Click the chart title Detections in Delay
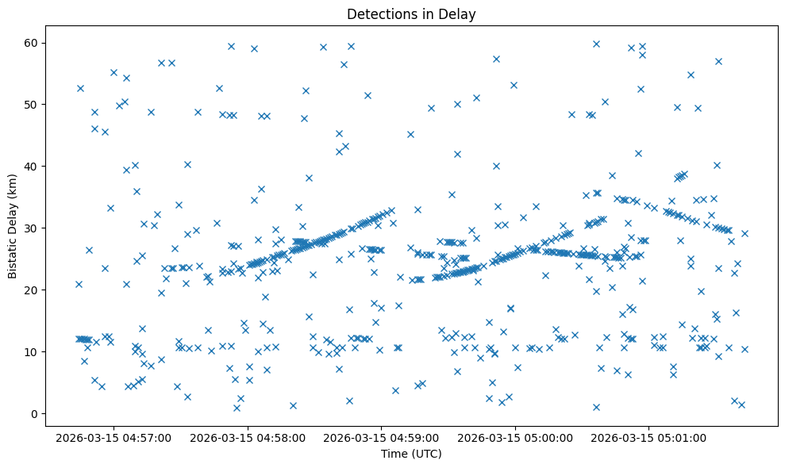[x=411, y=13]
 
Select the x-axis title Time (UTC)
[x=411, y=454]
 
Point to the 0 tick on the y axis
[x=35, y=413]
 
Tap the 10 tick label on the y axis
[x=32, y=351]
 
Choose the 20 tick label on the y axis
[x=32, y=290]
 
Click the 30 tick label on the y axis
[x=32, y=228]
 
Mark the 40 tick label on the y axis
[x=32, y=166]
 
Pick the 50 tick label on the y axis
[x=32, y=104]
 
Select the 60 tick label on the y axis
[x=32, y=42]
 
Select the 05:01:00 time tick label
[x=650, y=438]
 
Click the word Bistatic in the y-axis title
[x=13, y=256]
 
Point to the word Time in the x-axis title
[x=394, y=454]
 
